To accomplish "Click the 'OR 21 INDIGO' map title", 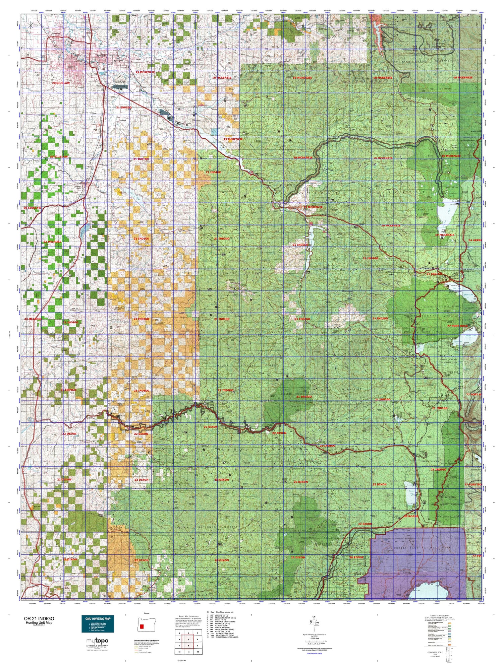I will click(39, 618).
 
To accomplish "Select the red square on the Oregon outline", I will click(142, 626).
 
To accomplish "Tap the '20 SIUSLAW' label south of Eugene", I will click(61, 83).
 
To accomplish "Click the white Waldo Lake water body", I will click(448, 214).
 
